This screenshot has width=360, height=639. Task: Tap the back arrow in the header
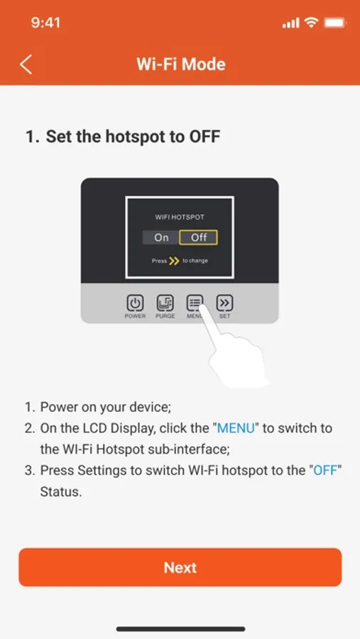26,65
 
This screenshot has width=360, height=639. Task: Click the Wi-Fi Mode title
180,65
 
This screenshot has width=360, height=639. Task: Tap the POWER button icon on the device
135,302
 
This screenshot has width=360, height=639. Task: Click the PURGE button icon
165,302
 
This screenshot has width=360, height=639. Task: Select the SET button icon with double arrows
224,302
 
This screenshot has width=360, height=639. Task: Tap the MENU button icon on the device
195,302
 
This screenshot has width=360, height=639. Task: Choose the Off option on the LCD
199,237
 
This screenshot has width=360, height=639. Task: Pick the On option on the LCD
161,237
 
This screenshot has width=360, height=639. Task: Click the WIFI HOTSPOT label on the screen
180,217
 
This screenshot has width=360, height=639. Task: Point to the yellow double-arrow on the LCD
174,261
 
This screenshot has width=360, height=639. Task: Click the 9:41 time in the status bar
45,23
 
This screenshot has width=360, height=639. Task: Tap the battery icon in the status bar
335,23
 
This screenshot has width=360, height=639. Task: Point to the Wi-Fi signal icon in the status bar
312,23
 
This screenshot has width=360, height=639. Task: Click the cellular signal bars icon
290,23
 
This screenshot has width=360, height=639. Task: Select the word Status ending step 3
61,491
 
